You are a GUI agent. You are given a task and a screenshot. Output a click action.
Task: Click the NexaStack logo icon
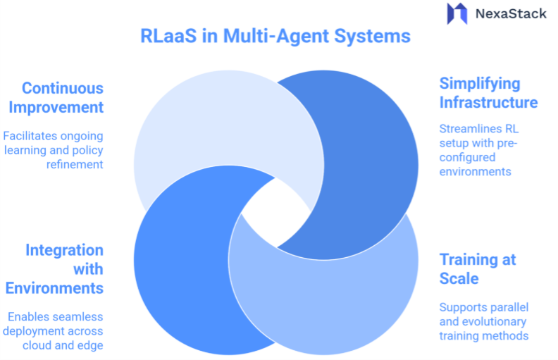[x=457, y=13]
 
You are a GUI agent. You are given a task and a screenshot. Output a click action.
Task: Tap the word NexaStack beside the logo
[x=511, y=13]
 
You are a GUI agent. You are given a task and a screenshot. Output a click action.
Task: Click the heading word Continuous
[x=63, y=88]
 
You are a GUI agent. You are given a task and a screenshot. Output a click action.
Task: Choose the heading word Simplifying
[x=480, y=83]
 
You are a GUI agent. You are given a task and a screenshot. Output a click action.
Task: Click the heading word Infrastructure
[x=488, y=102]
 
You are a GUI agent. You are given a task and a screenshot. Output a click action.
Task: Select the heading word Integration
[x=64, y=250]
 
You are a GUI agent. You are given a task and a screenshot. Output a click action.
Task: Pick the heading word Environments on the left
[x=54, y=288]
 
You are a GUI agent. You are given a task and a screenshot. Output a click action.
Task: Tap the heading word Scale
[x=459, y=278]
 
